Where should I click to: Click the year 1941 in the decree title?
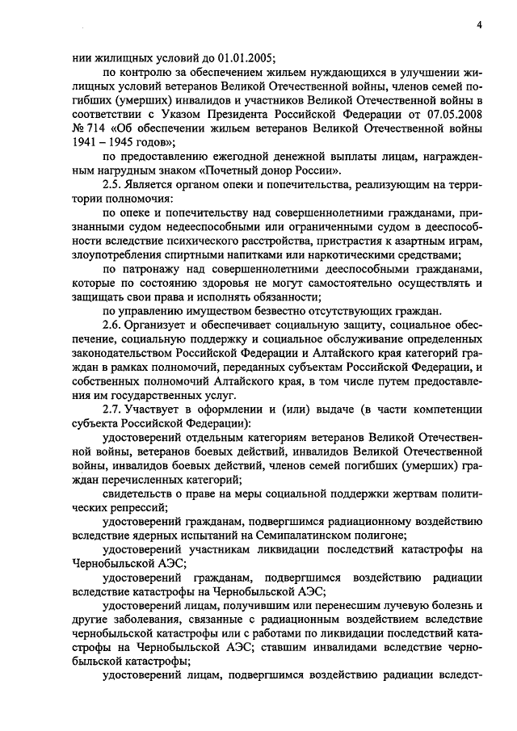pyautogui.click(x=86, y=144)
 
